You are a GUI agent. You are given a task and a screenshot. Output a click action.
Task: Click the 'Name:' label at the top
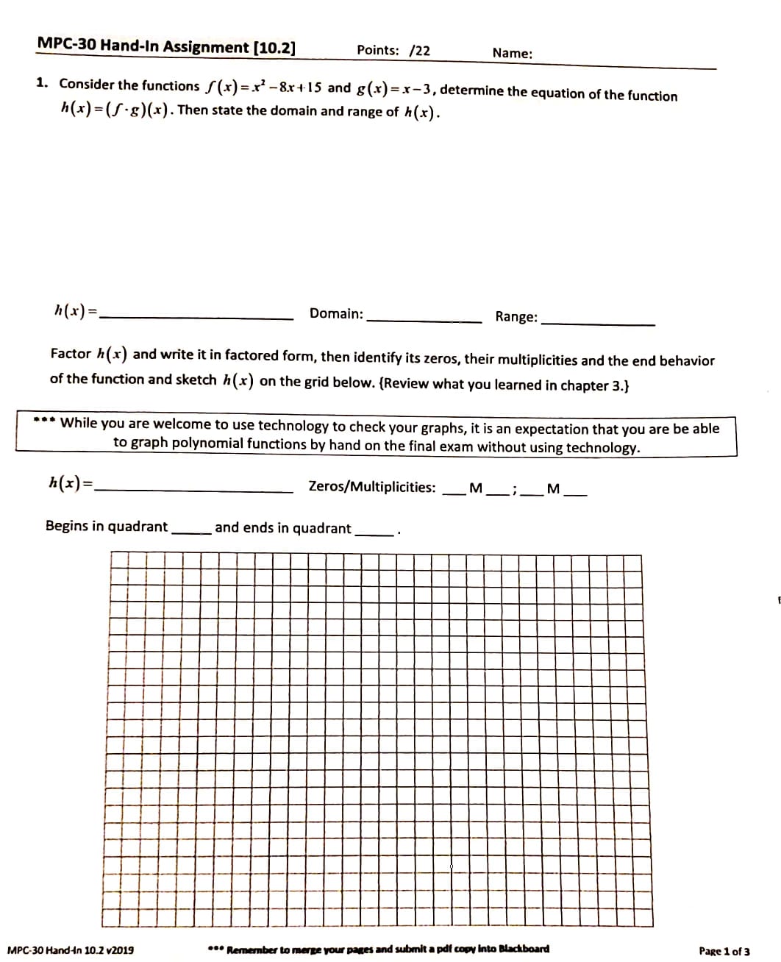coord(513,53)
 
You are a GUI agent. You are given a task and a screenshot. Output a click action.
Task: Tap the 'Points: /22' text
coord(393,50)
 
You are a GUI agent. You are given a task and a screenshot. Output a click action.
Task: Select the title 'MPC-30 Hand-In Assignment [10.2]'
coord(166,46)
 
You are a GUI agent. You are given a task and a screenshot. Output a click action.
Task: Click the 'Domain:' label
coord(336,314)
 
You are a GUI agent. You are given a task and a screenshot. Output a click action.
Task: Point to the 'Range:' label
coord(516,317)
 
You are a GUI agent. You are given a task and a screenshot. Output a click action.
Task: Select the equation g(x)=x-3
coord(396,90)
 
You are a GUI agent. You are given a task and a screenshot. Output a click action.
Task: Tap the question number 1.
coord(43,82)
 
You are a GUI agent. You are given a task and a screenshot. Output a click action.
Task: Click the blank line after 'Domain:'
coord(424,320)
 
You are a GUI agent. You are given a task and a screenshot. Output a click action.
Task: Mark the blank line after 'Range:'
coord(597,323)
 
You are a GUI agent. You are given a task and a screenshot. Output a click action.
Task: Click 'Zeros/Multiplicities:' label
coord(372,487)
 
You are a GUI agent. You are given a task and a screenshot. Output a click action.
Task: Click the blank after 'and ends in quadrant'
coord(374,533)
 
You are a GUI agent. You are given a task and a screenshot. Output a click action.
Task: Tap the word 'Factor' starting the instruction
coord(71,354)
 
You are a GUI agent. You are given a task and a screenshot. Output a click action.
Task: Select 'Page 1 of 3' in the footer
coord(724,951)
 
